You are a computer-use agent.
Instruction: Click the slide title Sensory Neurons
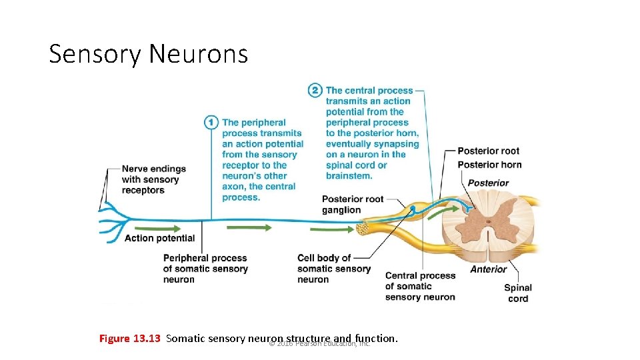[x=148, y=53]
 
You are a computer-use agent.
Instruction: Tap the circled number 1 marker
[x=211, y=122]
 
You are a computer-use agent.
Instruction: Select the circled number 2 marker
[x=315, y=90]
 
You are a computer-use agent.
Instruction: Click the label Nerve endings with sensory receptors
[x=153, y=179]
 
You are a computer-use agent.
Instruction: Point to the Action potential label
[x=159, y=238]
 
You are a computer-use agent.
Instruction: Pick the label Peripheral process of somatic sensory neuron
[x=205, y=269]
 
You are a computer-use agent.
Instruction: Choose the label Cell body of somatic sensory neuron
[x=333, y=269]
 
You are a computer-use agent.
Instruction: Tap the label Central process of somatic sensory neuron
[x=420, y=286]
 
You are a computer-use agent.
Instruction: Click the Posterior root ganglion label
[x=352, y=204]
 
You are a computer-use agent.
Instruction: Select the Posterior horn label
[x=489, y=165]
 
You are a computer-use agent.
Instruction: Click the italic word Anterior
[x=488, y=269]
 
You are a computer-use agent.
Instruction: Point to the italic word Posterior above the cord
[x=488, y=183]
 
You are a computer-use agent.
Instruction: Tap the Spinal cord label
[x=517, y=293]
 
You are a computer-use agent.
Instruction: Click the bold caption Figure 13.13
[x=130, y=339]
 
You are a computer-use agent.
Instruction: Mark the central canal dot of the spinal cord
[x=488, y=222]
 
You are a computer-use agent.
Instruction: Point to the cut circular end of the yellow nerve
[x=364, y=229]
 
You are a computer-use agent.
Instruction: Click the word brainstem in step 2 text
[x=349, y=176]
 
